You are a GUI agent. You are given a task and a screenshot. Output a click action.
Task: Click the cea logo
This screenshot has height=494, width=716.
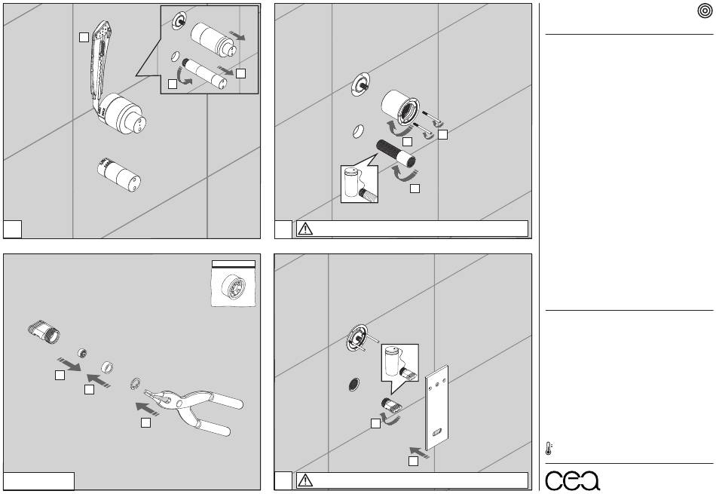point(572,480)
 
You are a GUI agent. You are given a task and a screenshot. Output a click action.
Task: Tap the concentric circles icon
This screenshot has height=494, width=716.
point(705,11)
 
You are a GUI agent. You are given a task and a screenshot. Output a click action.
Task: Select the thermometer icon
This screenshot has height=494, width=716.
point(549,448)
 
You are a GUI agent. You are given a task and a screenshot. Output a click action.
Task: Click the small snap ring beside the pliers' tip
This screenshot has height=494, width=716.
point(135,385)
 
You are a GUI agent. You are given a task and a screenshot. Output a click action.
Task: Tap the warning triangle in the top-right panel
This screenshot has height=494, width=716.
point(305,229)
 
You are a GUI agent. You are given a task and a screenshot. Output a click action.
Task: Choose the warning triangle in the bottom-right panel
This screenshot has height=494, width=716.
point(305,480)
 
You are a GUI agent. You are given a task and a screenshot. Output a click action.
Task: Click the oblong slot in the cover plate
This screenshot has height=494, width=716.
point(437,432)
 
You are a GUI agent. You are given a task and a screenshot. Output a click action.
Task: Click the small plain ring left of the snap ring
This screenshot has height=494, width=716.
point(107,367)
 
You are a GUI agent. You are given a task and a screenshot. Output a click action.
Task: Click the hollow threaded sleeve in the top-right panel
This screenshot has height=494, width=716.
point(399,108)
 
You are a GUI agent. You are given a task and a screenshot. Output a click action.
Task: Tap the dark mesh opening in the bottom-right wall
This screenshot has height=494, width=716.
point(353,385)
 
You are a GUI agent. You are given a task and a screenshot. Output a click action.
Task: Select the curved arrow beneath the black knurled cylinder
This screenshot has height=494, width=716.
point(405,173)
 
